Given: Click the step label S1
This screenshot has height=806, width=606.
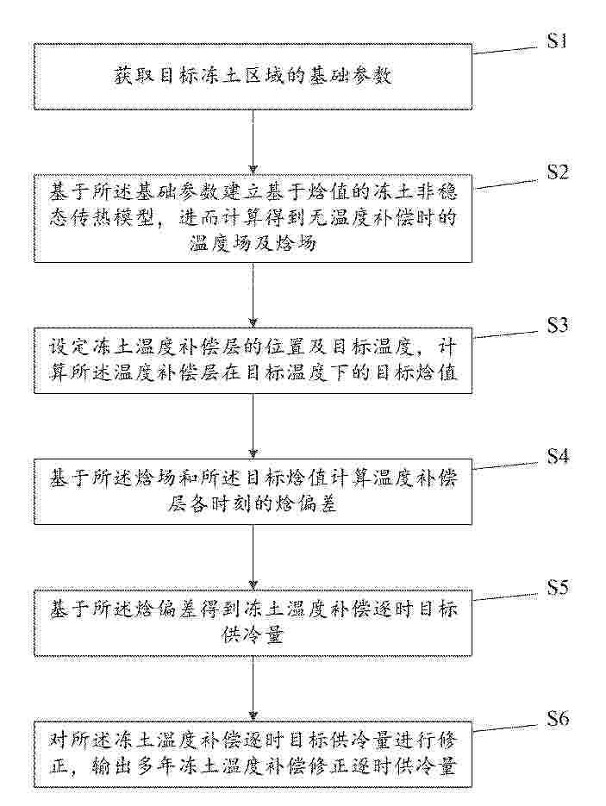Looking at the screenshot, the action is tap(557, 41).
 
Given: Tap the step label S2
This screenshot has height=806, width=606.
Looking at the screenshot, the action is tap(557, 172).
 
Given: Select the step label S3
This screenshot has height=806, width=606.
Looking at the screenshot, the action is tap(557, 325).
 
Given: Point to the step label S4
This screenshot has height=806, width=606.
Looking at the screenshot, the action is tap(557, 455).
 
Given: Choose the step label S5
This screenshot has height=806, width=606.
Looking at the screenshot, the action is tap(557, 586).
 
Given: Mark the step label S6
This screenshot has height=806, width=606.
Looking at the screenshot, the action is tap(558, 718).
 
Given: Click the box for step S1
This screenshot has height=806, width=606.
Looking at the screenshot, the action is tap(253, 77).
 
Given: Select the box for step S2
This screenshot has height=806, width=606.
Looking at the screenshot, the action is tap(253, 218).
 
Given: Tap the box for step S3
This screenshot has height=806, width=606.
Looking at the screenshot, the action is tap(253, 360).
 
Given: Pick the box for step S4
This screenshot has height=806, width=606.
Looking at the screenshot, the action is tap(253, 491).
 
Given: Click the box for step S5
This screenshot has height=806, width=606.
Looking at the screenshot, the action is tap(253, 623).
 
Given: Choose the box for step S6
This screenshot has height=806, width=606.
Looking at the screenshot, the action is tap(253, 754).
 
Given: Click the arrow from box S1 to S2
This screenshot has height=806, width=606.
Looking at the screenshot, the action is tap(253, 142).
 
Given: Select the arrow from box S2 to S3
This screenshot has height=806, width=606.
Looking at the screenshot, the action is tap(253, 295).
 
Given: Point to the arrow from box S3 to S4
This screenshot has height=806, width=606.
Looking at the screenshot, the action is tap(253, 426).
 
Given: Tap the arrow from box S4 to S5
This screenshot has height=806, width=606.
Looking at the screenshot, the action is tap(253, 557).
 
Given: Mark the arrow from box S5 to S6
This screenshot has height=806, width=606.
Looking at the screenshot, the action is tap(253, 689).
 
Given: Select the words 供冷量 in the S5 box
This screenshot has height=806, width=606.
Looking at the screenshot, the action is tap(253, 636).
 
